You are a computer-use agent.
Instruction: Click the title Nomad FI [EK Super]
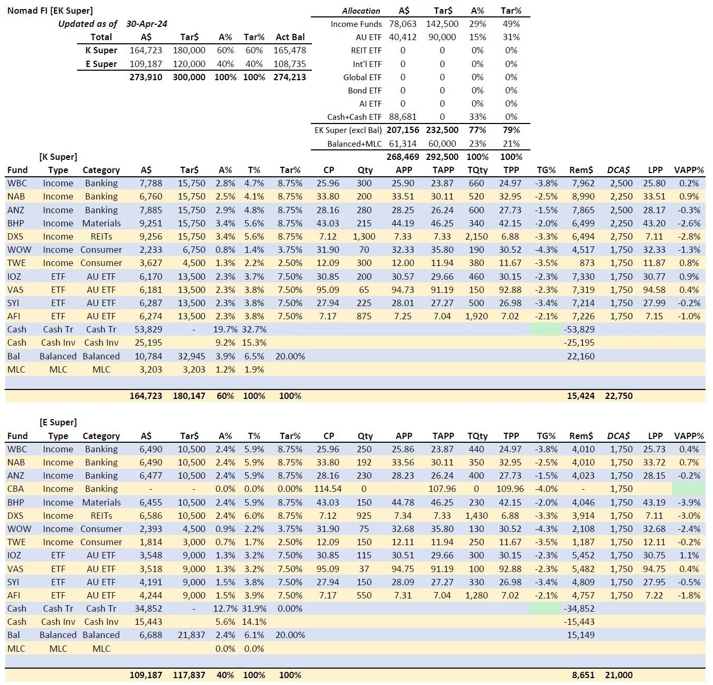tap(50, 11)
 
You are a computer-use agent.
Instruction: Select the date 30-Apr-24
tap(147, 24)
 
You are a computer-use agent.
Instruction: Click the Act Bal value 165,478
tap(290, 50)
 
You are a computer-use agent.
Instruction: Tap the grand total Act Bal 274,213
tap(290, 77)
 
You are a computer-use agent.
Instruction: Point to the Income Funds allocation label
tap(356, 24)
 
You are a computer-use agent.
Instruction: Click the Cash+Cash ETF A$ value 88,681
tap(403, 117)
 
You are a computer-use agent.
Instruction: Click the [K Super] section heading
tap(58, 157)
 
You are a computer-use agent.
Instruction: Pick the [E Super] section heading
tap(58, 422)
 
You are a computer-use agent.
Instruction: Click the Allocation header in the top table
tap(361, 11)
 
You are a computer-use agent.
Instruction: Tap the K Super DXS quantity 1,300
tap(364, 236)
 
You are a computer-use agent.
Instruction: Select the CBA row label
tap(16, 489)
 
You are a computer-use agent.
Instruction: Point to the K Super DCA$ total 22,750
tap(619, 396)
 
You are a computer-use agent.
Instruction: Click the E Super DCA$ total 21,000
tap(619, 675)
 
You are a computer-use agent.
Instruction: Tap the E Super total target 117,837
tap(189, 675)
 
